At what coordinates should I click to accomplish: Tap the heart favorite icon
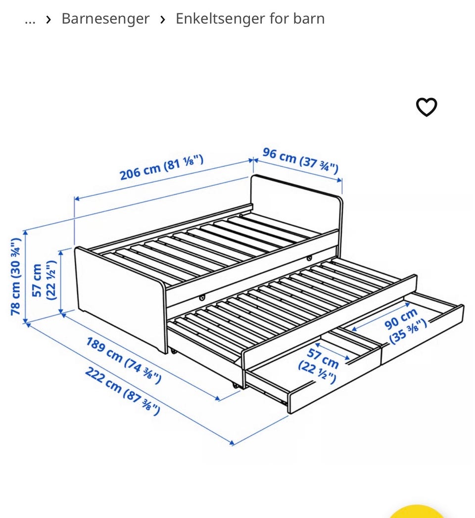[426, 107]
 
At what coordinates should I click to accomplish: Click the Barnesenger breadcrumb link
[105, 18]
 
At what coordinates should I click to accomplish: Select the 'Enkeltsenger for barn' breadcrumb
[250, 18]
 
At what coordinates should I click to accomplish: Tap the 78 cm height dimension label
[16, 277]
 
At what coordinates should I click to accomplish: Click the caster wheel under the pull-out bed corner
[235, 385]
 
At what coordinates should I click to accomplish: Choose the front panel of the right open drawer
[423, 334]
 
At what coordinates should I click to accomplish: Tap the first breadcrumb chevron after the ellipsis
[48, 20]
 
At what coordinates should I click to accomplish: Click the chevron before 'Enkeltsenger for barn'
[162, 20]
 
